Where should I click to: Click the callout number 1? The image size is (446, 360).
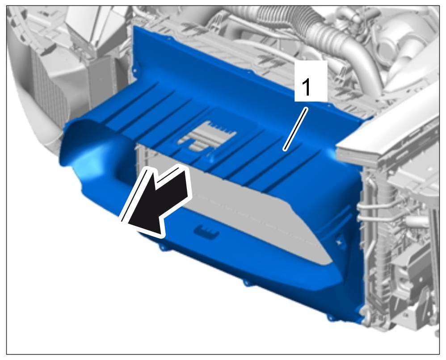coord(306,88)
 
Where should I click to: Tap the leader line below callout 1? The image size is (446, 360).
coord(295,129)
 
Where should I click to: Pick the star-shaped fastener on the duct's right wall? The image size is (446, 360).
coord(339,242)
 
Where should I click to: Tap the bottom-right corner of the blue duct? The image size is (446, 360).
coord(362,323)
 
